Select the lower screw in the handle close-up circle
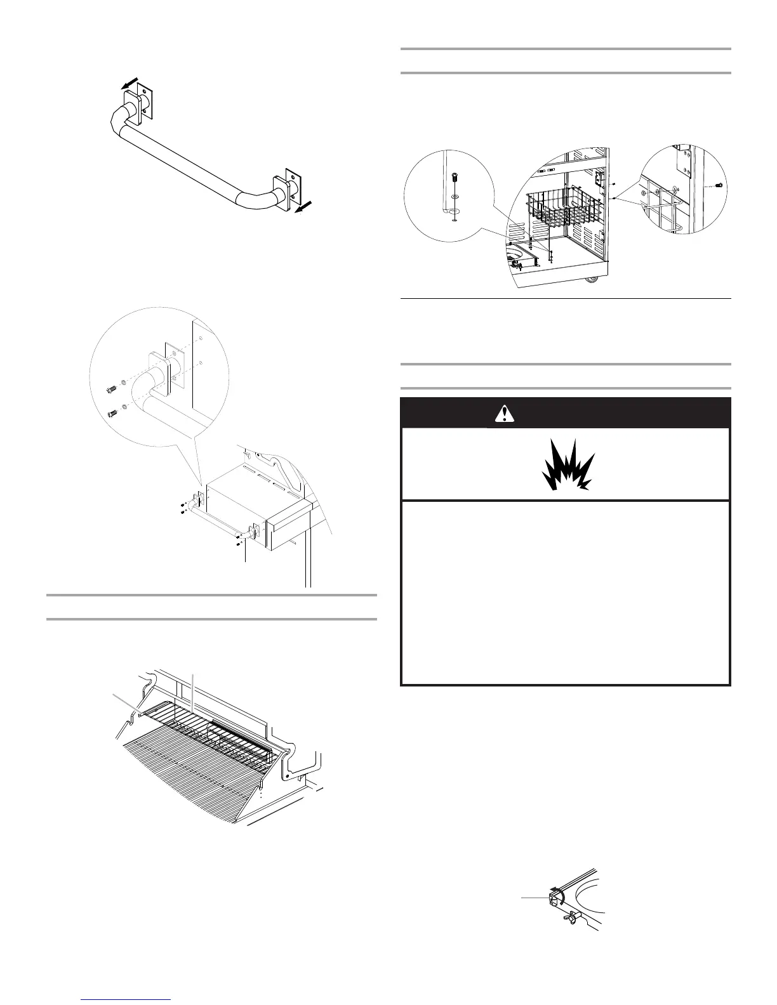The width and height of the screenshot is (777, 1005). [112, 413]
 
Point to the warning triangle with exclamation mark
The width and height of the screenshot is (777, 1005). [502, 414]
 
